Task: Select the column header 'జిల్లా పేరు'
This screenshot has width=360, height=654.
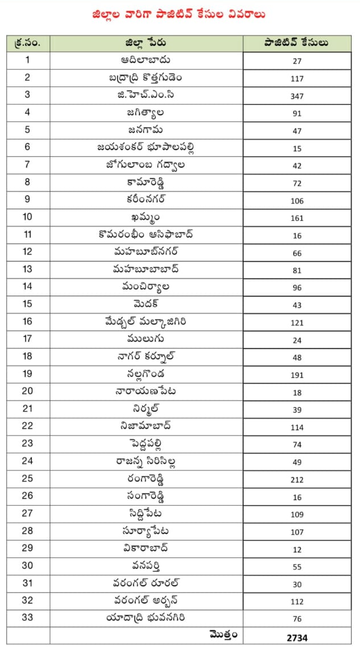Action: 146,43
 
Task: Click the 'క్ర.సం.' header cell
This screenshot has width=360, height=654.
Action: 28,43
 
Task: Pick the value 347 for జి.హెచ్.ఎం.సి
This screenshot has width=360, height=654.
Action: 296,96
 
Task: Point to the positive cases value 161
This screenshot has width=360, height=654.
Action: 296,218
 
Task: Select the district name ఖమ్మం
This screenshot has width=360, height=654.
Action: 146,217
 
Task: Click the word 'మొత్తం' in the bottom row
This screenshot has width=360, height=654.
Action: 223,635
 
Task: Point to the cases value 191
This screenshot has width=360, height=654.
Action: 296,375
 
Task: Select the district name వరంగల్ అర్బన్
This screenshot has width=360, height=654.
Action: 146,600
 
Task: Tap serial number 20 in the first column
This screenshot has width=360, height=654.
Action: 28,391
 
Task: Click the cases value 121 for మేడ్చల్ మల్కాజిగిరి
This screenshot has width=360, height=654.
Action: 296,323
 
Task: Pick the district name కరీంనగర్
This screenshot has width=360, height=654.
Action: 146,199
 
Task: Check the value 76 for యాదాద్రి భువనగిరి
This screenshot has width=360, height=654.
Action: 296,620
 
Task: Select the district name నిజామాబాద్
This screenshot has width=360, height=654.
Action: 146,426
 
